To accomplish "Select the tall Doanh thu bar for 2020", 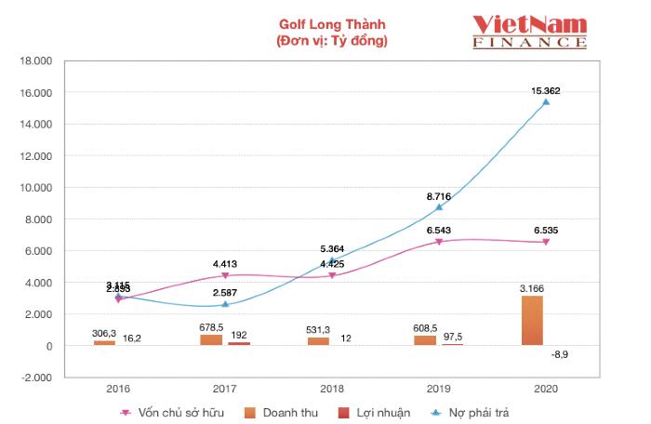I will [x=532, y=321].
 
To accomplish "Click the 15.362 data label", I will [x=545, y=90].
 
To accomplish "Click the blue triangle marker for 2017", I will [x=225, y=304].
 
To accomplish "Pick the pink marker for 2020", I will [x=546, y=242].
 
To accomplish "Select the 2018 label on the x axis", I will [x=332, y=389].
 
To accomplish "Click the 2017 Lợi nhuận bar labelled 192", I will [x=238, y=343].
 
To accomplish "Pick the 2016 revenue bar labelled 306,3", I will [x=104, y=342].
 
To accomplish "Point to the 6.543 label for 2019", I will [x=438, y=229].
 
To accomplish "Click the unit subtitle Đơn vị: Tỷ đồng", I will [x=332, y=41].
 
